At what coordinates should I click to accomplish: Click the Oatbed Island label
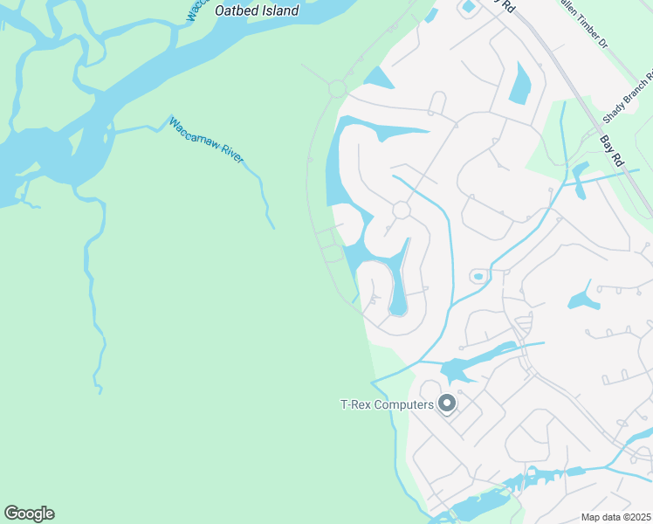coord(257,11)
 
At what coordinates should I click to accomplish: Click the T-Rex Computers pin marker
coord(447,403)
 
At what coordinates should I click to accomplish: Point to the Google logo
coord(29,514)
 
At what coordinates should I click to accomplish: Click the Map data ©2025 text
coord(615,517)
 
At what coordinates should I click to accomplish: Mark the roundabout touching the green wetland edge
coord(338,88)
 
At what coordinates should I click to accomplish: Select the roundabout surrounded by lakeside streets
coord(402,210)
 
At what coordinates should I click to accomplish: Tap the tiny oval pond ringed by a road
coord(478,277)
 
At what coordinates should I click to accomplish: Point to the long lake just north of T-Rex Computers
coord(476,362)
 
